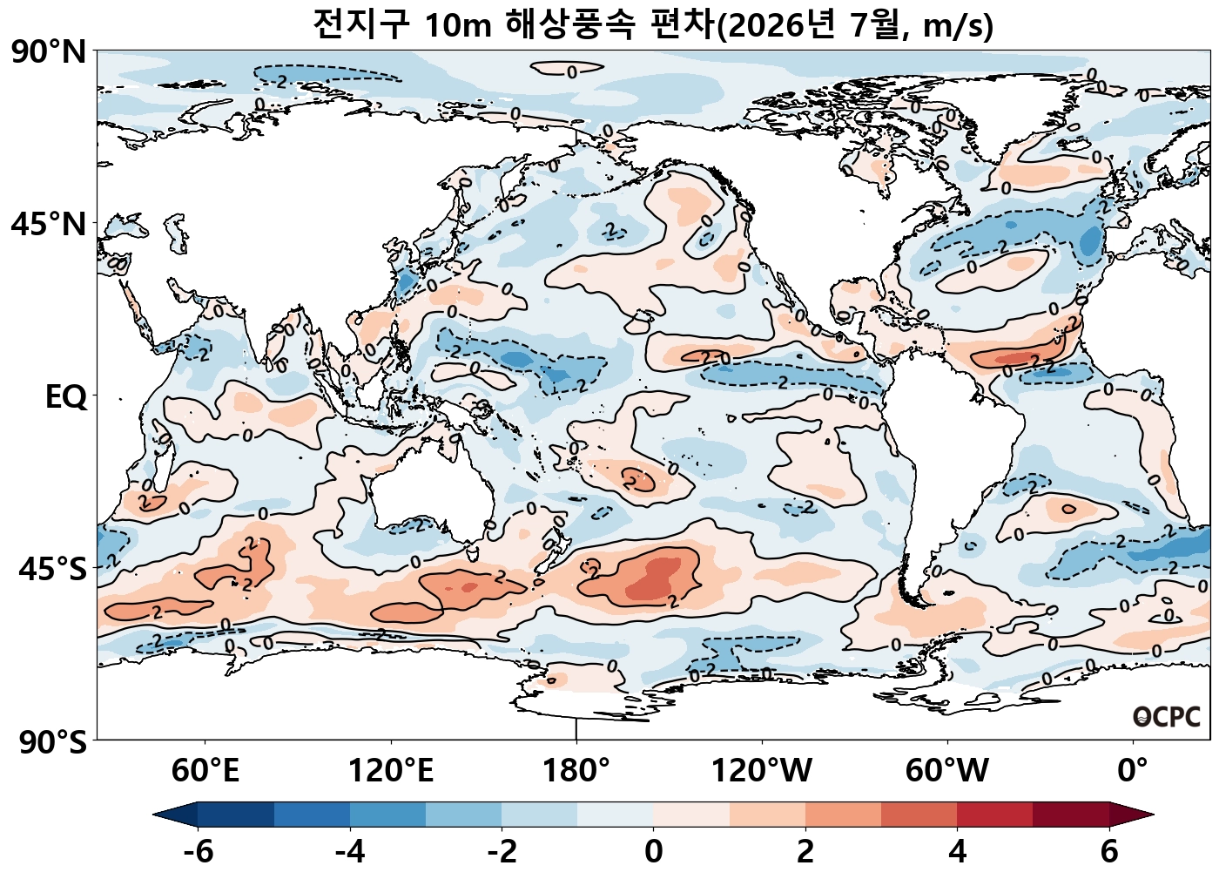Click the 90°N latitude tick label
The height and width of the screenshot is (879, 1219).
click(x=49, y=52)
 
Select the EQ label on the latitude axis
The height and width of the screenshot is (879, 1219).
click(x=66, y=397)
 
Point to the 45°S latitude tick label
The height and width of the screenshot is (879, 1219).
click(x=52, y=570)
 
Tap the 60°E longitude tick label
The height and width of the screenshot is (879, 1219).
click(x=205, y=771)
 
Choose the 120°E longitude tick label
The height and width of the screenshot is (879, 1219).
click(x=391, y=771)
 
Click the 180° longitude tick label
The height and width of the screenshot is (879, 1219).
click(x=576, y=771)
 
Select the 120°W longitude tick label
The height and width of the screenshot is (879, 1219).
click(x=762, y=771)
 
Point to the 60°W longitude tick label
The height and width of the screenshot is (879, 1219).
click(x=947, y=771)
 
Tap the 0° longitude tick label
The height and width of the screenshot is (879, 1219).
click(x=1133, y=771)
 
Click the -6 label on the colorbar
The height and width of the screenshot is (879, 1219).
click(x=199, y=851)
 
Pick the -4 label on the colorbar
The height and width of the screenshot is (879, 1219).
click(x=350, y=851)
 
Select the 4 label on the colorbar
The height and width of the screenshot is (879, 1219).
click(x=958, y=851)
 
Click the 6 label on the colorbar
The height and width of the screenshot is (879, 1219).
click(x=1109, y=851)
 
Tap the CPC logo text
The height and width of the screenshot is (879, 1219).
click(x=1167, y=717)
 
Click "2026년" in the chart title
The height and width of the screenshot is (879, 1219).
click(x=783, y=25)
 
